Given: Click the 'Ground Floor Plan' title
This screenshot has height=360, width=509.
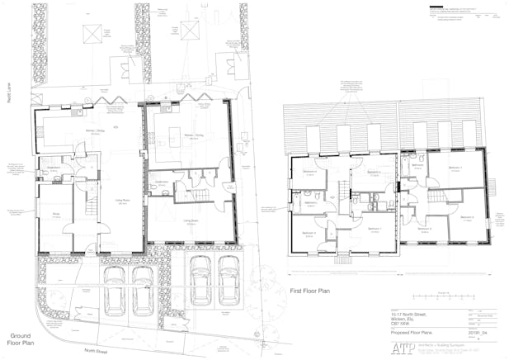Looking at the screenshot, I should coord(21,339).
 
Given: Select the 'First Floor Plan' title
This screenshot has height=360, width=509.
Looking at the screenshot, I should coord(309,291).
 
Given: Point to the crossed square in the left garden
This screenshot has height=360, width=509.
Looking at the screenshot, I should coord(92,32).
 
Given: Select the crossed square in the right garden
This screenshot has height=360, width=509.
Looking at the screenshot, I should coord(191,31).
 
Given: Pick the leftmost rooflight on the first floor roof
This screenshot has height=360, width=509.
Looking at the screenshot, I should coord(313,135).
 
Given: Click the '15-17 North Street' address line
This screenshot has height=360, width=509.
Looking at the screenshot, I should coord(409,311).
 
